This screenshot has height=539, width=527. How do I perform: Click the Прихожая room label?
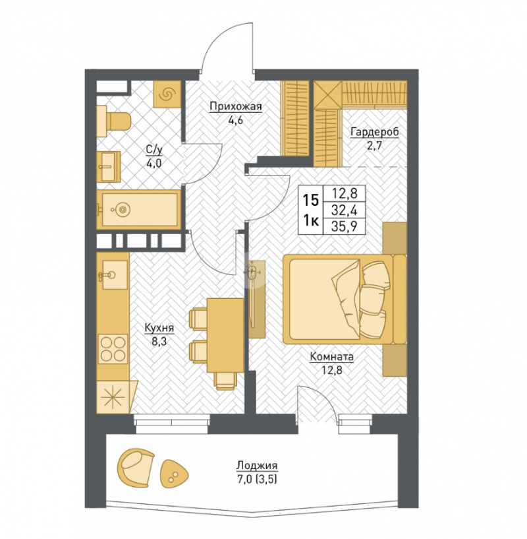(236, 107)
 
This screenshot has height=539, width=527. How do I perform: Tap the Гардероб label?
(375, 132)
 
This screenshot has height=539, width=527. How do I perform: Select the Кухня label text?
(159, 328)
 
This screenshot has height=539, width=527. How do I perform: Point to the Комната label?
(331, 357)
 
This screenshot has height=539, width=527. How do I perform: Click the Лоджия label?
(257, 466)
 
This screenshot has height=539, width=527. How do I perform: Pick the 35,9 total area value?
(345, 226)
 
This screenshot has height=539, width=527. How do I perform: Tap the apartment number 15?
(311, 200)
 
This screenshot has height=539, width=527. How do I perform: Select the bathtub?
(139, 209)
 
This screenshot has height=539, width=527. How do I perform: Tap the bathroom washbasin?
(109, 167)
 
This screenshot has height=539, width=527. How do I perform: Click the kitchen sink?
(113, 274)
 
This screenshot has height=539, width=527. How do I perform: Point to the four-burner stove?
(112, 348)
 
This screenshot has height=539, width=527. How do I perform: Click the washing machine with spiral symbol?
(167, 94)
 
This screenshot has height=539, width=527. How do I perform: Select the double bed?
(345, 299)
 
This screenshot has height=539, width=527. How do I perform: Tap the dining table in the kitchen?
(225, 336)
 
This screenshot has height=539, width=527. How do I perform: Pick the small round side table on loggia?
(174, 473)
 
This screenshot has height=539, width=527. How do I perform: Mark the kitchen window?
(172, 424)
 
